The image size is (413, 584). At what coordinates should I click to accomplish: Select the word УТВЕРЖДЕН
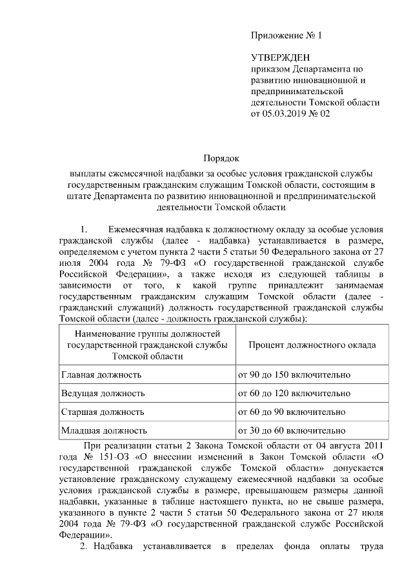[279, 57]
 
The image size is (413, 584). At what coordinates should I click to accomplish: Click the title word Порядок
[221, 158]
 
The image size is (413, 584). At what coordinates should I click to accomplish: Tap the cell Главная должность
[101, 374]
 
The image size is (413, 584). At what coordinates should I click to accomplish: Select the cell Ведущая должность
[102, 393]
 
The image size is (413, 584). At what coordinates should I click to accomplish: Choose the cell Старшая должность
[102, 411]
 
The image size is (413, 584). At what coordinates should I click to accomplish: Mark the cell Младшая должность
[103, 430]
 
